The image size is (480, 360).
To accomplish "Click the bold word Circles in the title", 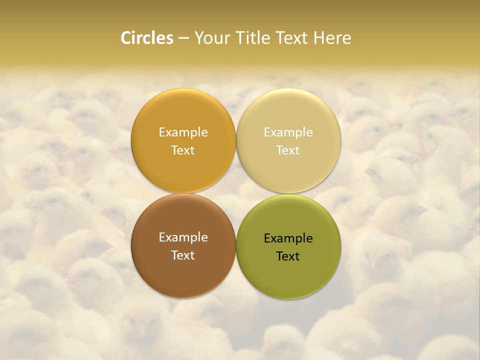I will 147,38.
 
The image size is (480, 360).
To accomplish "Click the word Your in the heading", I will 212,38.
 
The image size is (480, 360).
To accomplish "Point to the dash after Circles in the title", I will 183,38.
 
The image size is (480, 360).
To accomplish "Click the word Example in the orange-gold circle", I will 183,132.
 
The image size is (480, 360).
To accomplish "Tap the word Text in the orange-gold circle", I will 183,150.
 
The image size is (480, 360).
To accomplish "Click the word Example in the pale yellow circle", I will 288,132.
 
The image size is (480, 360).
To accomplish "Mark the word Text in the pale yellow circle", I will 288,150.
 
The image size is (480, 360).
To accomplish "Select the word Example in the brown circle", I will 183,237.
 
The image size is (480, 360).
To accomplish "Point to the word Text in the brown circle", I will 183,255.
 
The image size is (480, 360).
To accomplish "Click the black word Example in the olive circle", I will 288,238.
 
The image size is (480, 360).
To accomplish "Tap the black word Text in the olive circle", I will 288,256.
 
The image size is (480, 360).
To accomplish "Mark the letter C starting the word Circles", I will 126,38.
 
